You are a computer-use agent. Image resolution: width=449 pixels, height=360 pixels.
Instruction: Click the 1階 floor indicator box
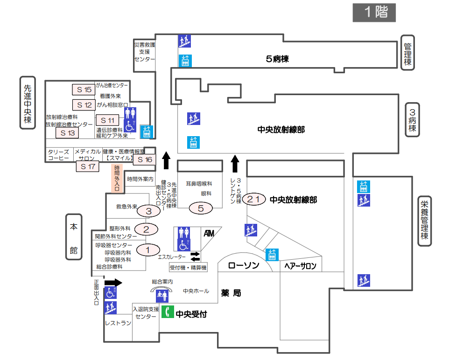click(x=374, y=13)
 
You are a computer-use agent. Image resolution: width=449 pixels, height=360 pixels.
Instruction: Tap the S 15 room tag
click(x=84, y=90)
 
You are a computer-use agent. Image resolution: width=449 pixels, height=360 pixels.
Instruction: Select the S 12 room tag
click(x=84, y=104)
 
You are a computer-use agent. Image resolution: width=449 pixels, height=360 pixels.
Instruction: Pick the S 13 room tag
click(x=67, y=133)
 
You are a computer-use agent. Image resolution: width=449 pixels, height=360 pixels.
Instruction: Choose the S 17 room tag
click(x=88, y=166)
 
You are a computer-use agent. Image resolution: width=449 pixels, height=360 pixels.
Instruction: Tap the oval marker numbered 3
click(x=149, y=211)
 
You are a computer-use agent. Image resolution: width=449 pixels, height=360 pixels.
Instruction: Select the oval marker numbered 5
click(x=201, y=208)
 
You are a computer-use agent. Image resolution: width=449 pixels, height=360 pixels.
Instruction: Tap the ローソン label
click(x=244, y=266)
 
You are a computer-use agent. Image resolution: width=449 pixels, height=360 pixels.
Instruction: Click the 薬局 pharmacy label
click(x=231, y=293)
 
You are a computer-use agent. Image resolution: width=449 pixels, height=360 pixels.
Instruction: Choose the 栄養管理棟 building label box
click(x=424, y=220)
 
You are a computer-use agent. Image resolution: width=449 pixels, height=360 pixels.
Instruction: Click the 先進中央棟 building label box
click(x=28, y=103)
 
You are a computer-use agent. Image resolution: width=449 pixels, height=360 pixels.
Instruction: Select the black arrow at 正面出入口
click(x=113, y=283)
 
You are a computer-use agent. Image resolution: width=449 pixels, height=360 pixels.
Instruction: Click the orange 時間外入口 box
click(x=117, y=177)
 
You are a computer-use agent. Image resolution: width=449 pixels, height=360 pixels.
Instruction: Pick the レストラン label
click(x=118, y=323)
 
